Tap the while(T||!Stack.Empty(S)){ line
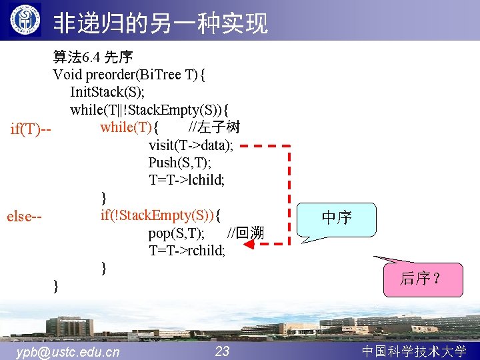pos(150,109)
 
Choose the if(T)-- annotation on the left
pos(31,128)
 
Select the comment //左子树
pos(214,127)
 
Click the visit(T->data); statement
pos(191,145)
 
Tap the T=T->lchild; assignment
pos(187,180)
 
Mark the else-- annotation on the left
pos(25,216)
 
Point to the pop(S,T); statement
pos(177,233)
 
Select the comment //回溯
pos(245,233)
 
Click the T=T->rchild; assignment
pos(187,251)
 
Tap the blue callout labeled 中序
pos(337,218)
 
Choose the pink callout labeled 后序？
pos(419,278)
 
